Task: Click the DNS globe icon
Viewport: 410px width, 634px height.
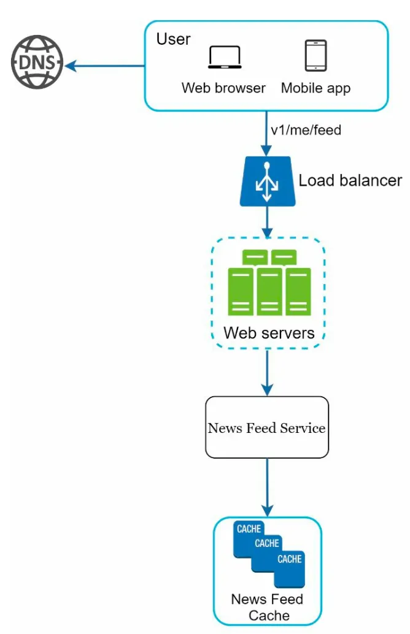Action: click(x=37, y=62)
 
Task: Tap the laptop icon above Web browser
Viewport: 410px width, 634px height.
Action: click(x=225, y=56)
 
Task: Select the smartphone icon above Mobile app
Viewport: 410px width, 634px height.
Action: click(x=315, y=55)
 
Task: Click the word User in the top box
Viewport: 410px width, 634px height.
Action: click(x=173, y=39)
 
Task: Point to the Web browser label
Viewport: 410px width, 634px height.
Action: click(x=223, y=88)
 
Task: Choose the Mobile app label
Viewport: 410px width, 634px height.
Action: click(x=315, y=88)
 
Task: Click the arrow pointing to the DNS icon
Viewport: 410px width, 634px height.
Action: click(x=104, y=66)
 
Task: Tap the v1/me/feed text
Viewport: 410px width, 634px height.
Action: click(x=306, y=130)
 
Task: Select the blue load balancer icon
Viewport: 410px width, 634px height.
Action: click(x=267, y=181)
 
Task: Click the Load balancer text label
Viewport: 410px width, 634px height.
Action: click(x=350, y=180)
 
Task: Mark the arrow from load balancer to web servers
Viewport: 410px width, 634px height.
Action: click(x=267, y=222)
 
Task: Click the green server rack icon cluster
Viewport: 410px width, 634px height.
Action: click(x=269, y=282)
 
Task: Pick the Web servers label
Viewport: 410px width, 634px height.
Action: click(x=269, y=333)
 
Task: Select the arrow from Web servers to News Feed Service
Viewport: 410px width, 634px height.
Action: click(x=267, y=372)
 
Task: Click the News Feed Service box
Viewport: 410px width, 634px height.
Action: click(x=267, y=427)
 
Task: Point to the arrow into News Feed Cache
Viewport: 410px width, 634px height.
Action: click(x=267, y=487)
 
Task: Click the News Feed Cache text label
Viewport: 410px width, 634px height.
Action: click(x=267, y=607)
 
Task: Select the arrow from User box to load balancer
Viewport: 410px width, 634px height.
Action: click(x=266, y=134)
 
